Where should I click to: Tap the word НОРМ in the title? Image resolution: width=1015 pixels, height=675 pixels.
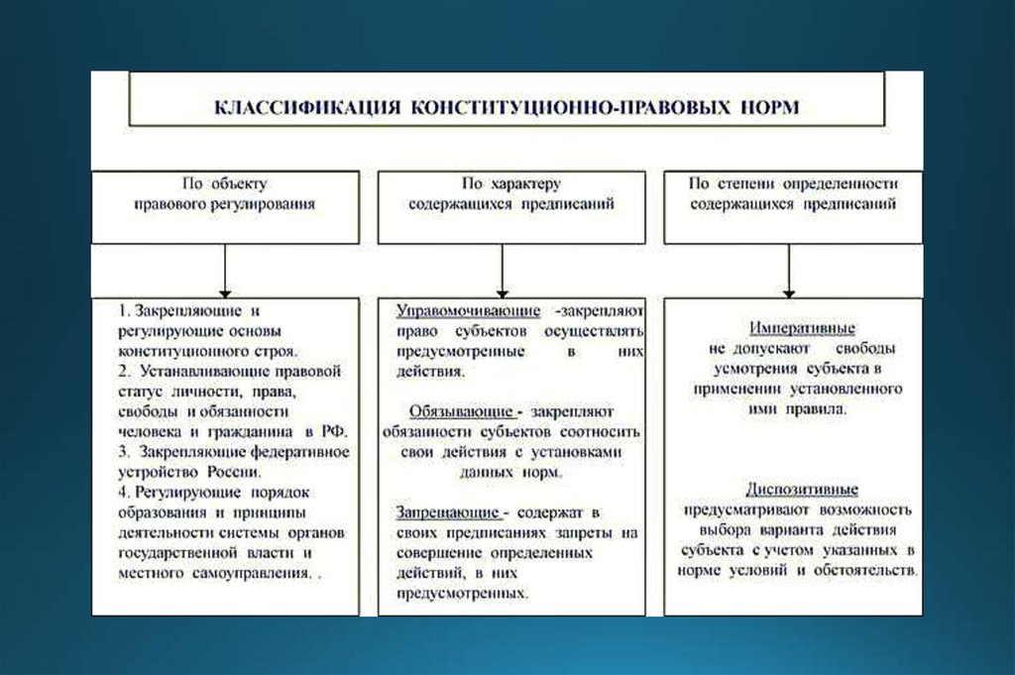tap(765, 106)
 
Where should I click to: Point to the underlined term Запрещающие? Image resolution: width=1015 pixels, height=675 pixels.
tap(447, 511)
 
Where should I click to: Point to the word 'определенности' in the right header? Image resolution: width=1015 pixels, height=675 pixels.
tap(841, 184)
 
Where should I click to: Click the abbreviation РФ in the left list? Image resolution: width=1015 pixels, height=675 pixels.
tap(332, 431)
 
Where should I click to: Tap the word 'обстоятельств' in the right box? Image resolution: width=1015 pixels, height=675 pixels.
tap(867, 572)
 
